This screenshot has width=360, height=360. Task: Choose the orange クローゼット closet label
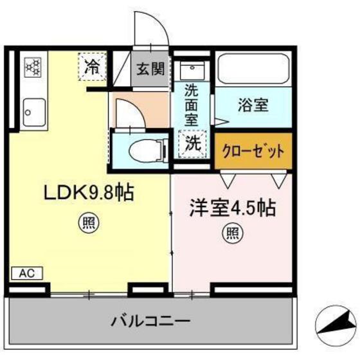253,152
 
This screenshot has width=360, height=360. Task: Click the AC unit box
26,273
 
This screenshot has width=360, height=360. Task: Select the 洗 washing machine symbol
192,144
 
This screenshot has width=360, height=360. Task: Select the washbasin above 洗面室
191,70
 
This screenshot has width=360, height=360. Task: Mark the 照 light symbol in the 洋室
230,232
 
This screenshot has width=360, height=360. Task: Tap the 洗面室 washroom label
192,105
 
